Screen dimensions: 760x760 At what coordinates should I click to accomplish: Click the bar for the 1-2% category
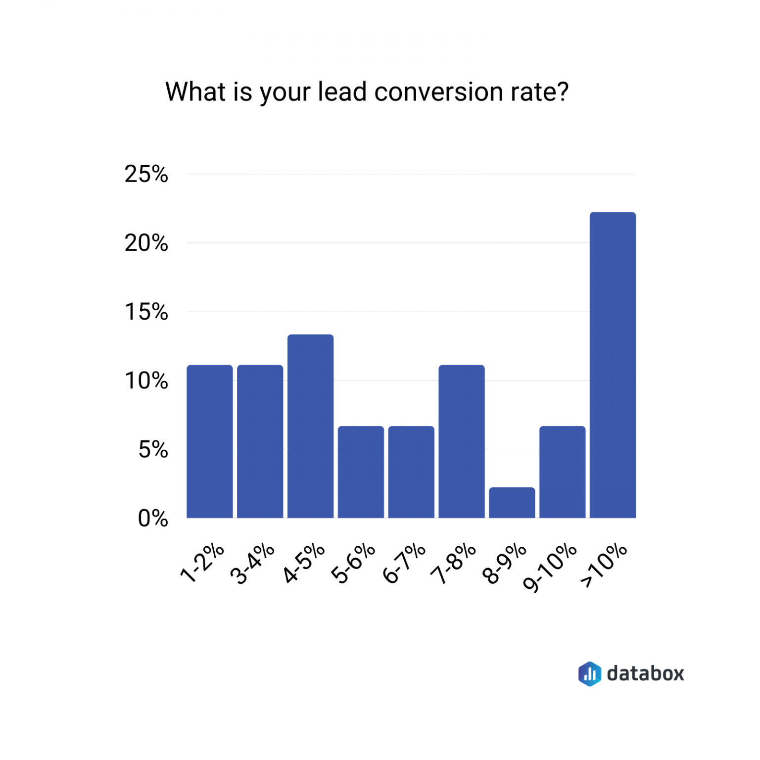click(210, 441)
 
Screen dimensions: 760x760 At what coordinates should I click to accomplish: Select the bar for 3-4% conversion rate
click(260, 441)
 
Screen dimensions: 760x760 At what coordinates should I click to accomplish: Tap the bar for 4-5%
click(311, 426)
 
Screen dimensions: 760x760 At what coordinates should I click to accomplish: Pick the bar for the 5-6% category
click(361, 472)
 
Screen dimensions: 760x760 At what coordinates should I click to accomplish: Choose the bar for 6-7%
click(411, 472)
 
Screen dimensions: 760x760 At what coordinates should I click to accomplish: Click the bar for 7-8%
click(462, 441)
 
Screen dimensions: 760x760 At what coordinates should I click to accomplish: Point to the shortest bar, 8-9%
click(512, 503)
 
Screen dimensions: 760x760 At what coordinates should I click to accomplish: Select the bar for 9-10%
click(563, 472)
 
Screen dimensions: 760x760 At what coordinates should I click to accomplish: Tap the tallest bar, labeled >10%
click(613, 365)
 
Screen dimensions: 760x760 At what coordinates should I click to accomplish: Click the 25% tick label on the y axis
click(146, 174)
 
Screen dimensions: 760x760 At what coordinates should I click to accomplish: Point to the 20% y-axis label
click(146, 243)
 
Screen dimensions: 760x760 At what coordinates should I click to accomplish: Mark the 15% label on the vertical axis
click(146, 312)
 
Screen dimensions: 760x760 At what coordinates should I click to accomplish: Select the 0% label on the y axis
click(153, 519)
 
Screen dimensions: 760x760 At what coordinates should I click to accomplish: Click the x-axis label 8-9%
click(505, 563)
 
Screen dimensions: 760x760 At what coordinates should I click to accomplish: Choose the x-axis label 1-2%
click(202, 563)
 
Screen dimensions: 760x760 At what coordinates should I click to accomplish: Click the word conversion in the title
click(431, 92)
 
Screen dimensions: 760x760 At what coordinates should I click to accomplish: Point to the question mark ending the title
click(562, 92)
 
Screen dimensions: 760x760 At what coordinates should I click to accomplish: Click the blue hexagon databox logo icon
click(590, 673)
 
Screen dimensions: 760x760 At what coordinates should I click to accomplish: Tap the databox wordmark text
click(645, 673)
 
